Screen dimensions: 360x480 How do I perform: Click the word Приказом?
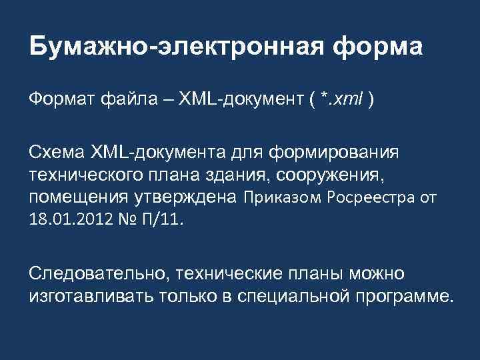coord(280,197)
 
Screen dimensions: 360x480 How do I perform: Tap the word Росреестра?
coord(371,197)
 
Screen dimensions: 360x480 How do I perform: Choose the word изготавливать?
coord(81,296)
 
